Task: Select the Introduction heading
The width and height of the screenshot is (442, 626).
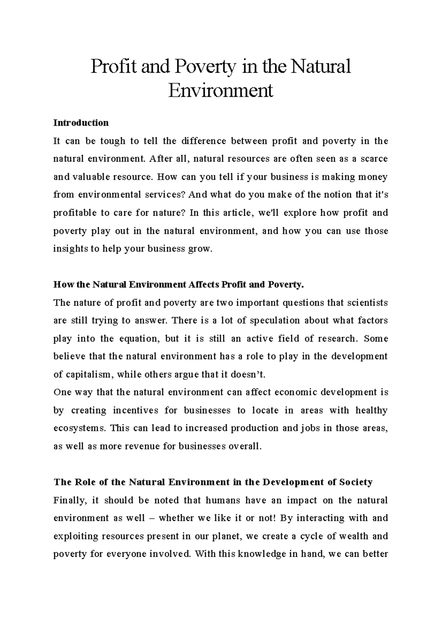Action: click(x=81, y=123)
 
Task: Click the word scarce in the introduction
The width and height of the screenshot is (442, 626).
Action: click(x=374, y=159)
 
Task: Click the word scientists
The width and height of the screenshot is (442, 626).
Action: click(x=365, y=303)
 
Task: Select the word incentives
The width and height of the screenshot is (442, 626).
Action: click(x=135, y=410)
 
